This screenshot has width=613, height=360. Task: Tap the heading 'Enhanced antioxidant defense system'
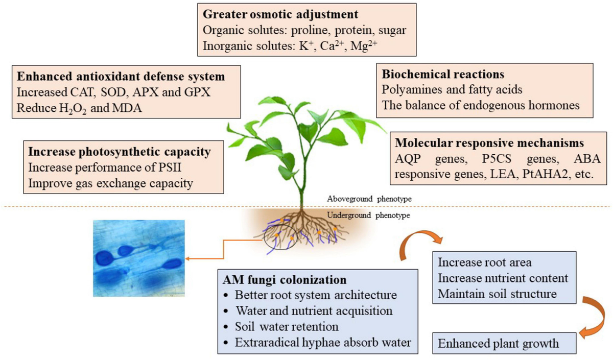tap(121, 77)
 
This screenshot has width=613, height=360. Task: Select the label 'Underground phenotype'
tap(366, 215)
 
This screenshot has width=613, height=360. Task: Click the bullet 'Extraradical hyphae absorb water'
tap(323, 342)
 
